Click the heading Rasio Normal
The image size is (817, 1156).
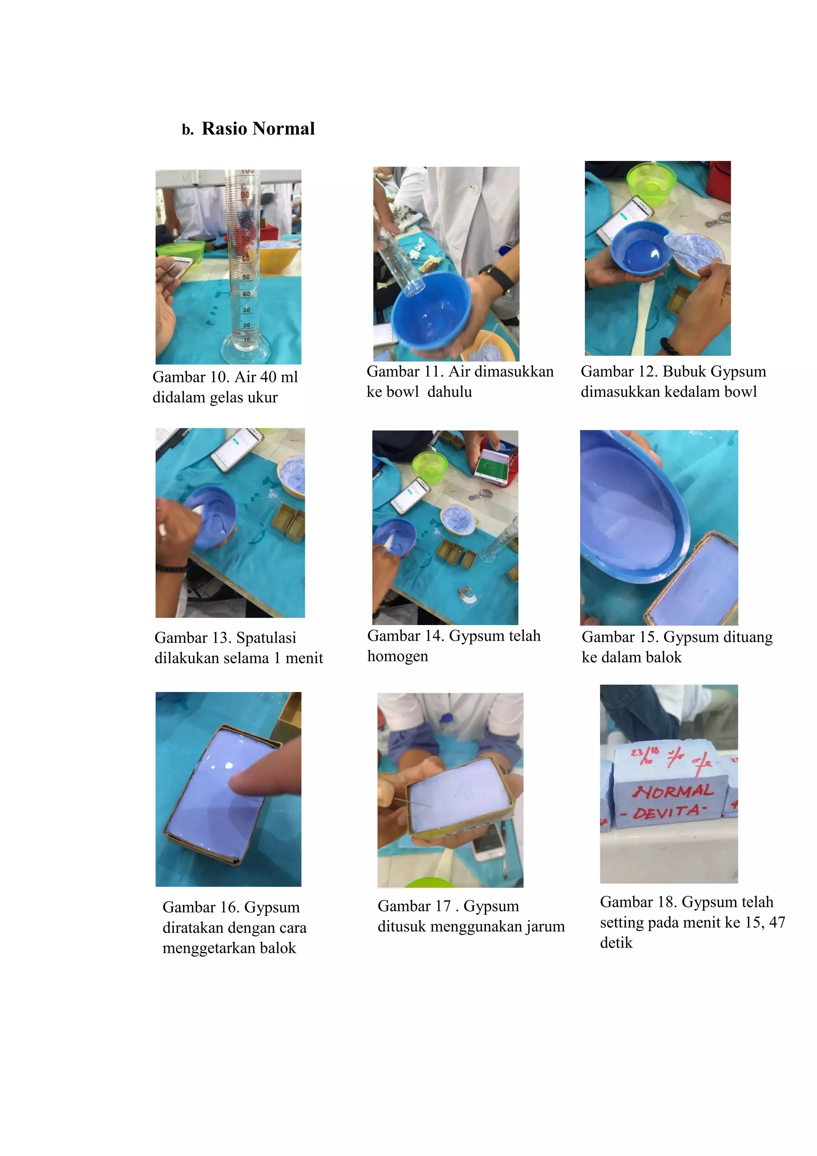point(258,129)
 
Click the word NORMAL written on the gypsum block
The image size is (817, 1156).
point(673,792)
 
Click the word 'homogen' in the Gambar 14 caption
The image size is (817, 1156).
point(397,657)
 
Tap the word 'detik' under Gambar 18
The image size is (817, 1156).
point(616,942)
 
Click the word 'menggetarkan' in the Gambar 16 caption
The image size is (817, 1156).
point(209,948)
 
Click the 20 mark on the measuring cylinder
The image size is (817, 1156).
point(247,325)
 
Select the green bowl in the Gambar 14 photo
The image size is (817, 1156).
point(430,466)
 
